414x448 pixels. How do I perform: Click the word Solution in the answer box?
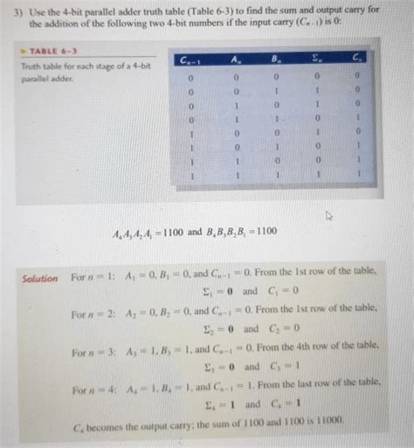point(40,279)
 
